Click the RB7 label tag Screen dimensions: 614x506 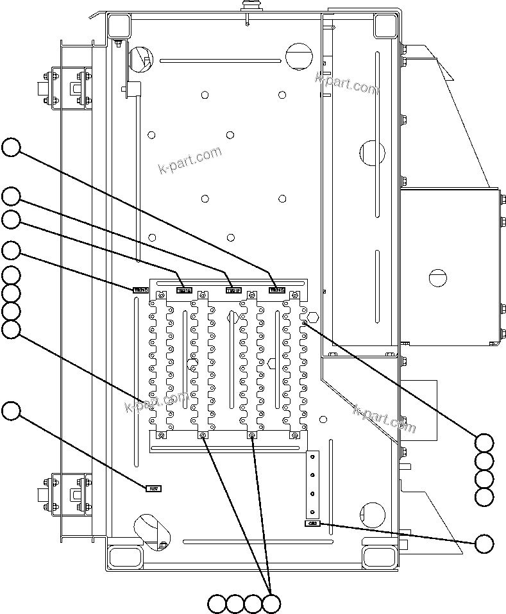pyautogui.click(x=154, y=488)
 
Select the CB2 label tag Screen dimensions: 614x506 pyautogui.click(x=312, y=524)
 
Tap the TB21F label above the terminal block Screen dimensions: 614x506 pyautogui.click(x=233, y=290)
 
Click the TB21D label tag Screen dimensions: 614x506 pyautogui.click(x=140, y=290)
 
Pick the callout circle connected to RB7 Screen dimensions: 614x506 pyautogui.click(x=11, y=411)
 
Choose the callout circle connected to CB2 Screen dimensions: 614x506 pyautogui.click(x=485, y=543)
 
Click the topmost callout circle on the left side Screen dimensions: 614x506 pyautogui.click(x=11, y=147)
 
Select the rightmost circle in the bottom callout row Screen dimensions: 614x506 pyautogui.click(x=272, y=603)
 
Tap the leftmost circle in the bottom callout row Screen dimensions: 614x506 pyautogui.click(x=217, y=603)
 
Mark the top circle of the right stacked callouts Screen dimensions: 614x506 pyautogui.click(x=485, y=443)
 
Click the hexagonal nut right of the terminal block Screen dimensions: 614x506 pyautogui.click(x=314, y=317)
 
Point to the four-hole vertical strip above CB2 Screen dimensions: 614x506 pyautogui.click(x=312, y=484)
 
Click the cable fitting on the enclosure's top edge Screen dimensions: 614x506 pyautogui.click(x=247, y=8)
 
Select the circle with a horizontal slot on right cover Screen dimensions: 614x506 pyautogui.click(x=437, y=276)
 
